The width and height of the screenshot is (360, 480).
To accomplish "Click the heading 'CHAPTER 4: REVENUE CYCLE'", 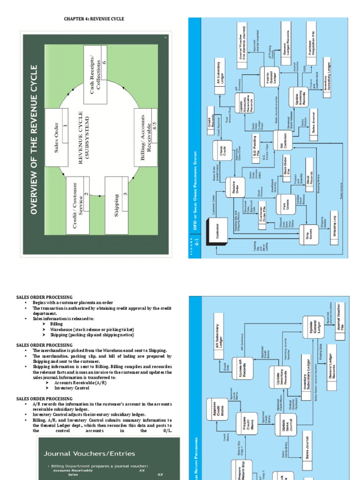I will point(94,19).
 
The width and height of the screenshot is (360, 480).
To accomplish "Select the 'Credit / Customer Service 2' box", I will point(78,206).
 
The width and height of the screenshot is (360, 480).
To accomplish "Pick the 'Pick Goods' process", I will point(286,204).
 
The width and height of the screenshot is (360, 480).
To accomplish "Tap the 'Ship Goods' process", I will point(309,237).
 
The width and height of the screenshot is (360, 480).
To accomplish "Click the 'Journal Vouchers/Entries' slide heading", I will point(89,453).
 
